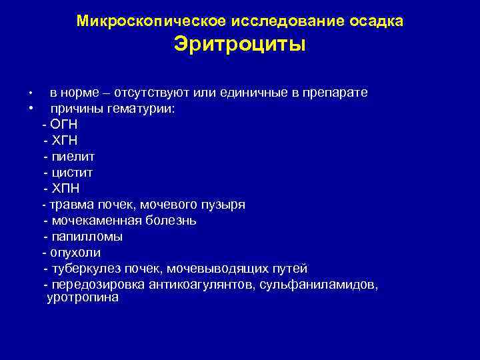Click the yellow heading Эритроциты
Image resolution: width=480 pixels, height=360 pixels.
[239, 45]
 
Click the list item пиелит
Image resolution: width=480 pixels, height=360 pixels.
[73, 157]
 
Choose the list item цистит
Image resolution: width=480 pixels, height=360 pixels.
[73, 173]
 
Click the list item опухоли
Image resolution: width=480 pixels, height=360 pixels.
[75, 253]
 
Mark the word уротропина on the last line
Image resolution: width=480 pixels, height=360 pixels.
[83, 298]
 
